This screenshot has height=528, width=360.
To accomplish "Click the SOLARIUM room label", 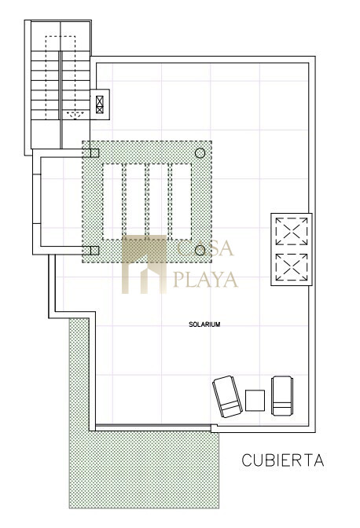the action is [x=204, y=324].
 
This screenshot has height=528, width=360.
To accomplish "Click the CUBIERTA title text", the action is [x=283, y=460].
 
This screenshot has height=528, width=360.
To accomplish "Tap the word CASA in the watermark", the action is [x=205, y=248].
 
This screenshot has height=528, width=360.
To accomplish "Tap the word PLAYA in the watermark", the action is [x=205, y=280].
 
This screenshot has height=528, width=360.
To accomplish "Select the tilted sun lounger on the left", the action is [x=227, y=396].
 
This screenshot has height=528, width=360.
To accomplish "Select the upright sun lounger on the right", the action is [x=282, y=396].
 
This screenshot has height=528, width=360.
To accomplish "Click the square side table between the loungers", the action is [x=255, y=400].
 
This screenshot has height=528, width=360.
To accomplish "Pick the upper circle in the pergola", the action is [x=200, y=153].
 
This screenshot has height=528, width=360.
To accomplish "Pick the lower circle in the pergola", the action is [x=200, y=250].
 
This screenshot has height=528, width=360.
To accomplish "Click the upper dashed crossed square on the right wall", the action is [x=292, y=231].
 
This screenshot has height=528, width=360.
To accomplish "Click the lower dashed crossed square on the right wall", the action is [x=292, y=266].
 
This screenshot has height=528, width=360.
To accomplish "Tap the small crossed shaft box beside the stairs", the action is [x=100, y=104].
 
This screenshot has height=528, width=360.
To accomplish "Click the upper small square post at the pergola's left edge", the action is [x=94, y=153].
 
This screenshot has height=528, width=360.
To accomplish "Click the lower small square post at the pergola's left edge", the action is [x=94, y=250].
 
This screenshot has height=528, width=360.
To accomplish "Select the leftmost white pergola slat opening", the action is [x=112, y=201].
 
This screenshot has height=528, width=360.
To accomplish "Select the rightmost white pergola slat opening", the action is [x=182, y=201].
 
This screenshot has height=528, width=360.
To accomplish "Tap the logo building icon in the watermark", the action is [x=144, y=264].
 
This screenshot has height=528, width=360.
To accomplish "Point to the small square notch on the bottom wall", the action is [x=214, y=428].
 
